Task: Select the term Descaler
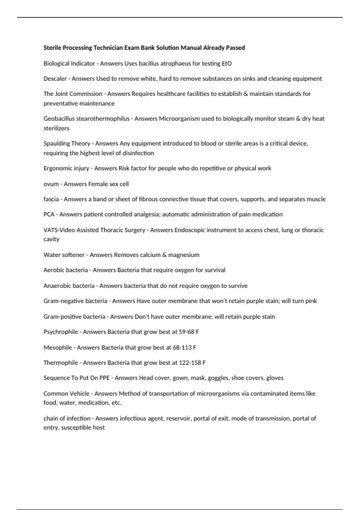click(55, 79)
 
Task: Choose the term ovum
click(51, 184)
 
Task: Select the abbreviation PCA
click(49, 214)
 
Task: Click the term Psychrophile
click(61, 332)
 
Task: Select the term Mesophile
click(58, 347)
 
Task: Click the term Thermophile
click(61, 362)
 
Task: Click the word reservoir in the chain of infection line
click(178, 418)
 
